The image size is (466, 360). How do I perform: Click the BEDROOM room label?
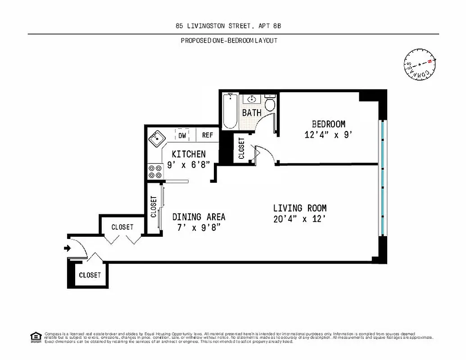click(x=329, y=124)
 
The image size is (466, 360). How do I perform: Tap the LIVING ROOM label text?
click(x=300, y=208)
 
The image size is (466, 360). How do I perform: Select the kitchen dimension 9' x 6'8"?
click(x=188, y=165)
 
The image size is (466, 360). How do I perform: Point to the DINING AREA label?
click(x=199, y=217)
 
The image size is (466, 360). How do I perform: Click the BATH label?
click(x=252, y=113)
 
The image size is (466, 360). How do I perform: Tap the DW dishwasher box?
click(x=182, y=135)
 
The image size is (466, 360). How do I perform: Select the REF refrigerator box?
click(x=207, y=135)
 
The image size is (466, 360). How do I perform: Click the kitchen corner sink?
click(x=156, y=137)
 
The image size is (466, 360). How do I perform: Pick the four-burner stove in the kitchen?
click(x=155, y=171)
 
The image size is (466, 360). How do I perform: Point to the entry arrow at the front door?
click(x=68, y=248)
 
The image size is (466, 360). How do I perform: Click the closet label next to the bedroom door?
click(x=241, y=148)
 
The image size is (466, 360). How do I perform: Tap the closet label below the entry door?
click(x=90, y=275)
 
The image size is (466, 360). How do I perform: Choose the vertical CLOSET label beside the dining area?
click(x=154, y=207)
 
